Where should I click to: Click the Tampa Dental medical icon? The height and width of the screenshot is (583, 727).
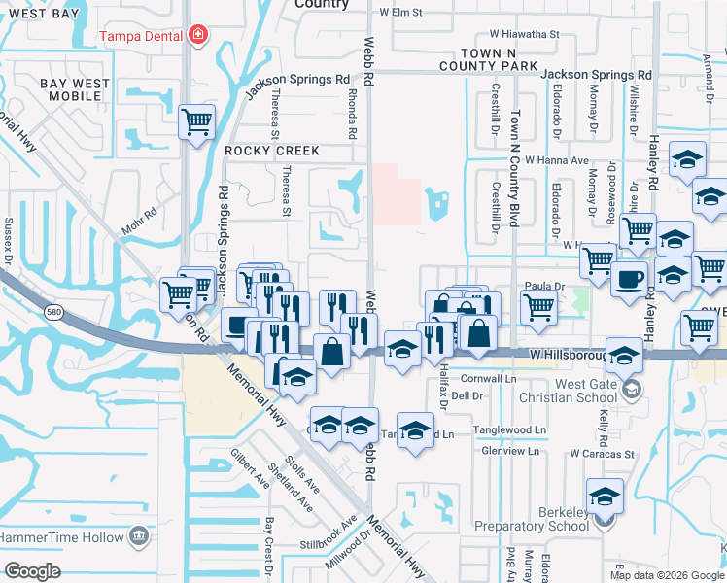click(x=198, y=36)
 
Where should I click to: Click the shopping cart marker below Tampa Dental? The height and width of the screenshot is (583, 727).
click(x=197, y=122)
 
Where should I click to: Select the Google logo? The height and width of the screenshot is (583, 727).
click(x=33, y=571)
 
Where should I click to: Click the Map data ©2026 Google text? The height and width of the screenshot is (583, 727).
click(x=665, y=575)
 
